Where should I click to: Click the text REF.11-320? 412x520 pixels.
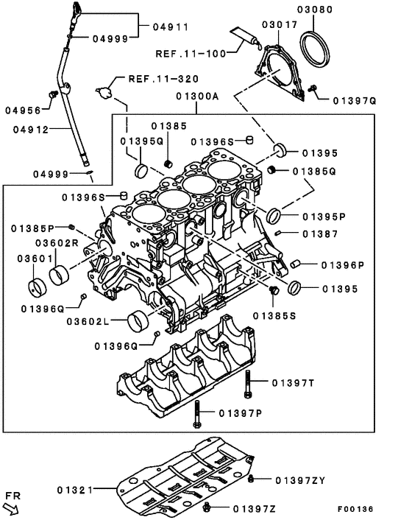coord(153,78)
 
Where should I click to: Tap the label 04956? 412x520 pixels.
coord(24,110)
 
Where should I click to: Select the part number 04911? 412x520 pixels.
coord(171,27)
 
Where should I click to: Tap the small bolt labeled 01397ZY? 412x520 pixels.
coord(252,479)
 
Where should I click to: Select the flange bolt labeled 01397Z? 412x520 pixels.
coord(209,507)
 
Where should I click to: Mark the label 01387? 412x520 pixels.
coord(319,234)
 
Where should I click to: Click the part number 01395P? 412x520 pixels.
coord(324,217)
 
